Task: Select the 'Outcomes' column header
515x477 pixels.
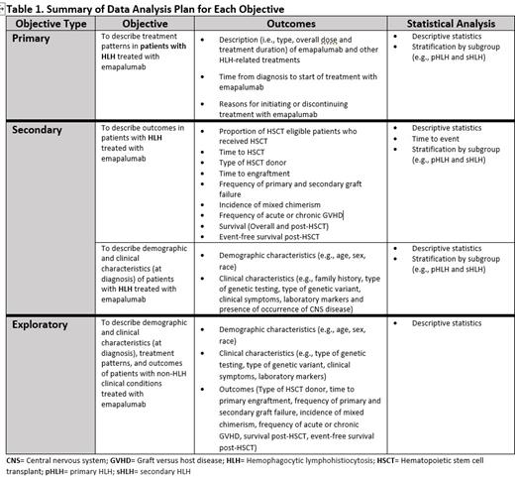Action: tap(287, 23)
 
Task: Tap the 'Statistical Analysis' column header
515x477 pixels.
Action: tap(447, 23)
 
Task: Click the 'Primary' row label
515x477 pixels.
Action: tap(36, 38)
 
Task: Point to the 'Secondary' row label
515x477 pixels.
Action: tap(44, 130)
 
